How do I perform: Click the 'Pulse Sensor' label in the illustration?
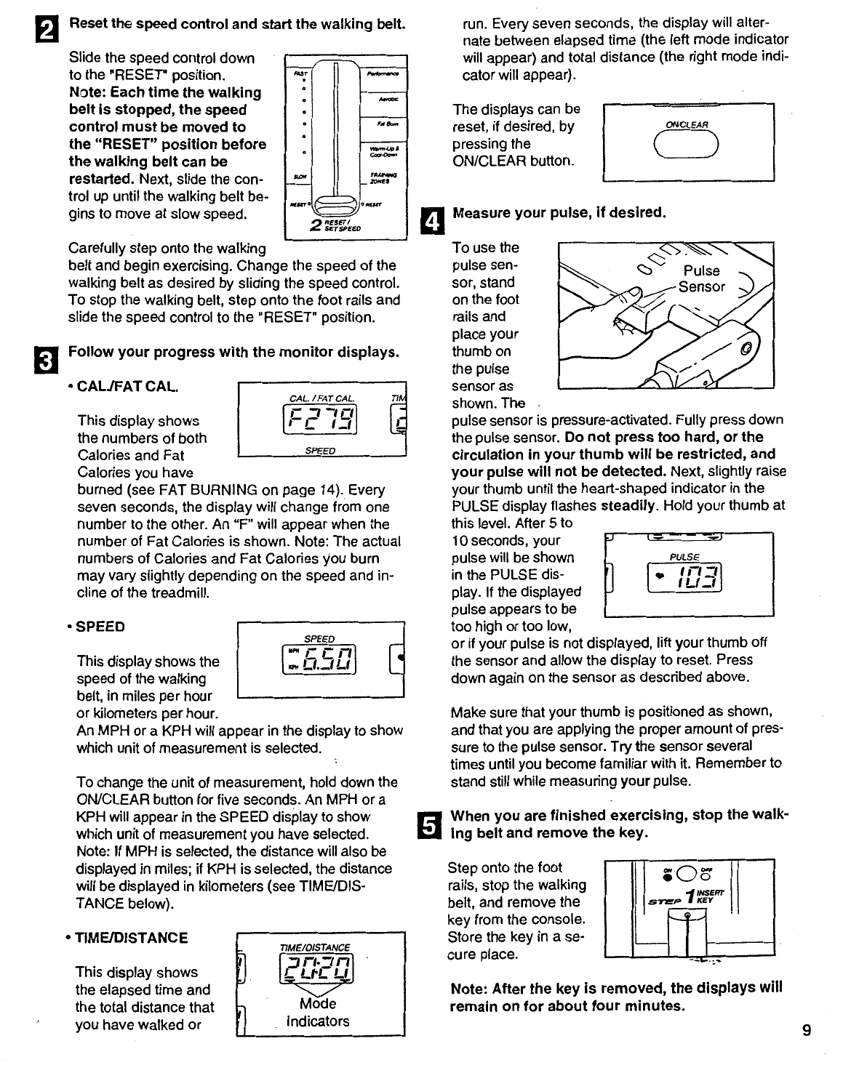pos(702,278)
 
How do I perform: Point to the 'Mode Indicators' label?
pos(318,1012)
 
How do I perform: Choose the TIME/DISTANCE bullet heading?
pos(132,938)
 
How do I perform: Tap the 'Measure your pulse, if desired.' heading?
pos(559,213)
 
